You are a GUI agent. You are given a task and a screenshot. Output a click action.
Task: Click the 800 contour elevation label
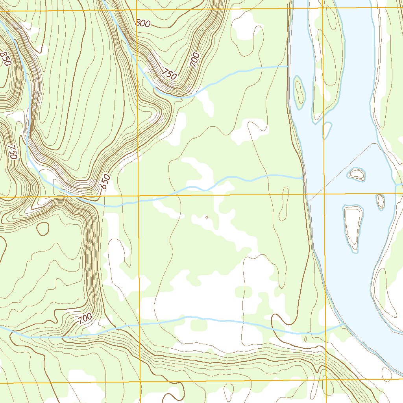click(143, 23)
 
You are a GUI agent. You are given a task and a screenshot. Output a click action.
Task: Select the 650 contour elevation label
click(104, 182)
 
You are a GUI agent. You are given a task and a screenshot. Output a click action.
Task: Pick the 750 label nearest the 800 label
click(170, 74)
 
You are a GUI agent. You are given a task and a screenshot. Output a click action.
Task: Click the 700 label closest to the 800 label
click(195, 61)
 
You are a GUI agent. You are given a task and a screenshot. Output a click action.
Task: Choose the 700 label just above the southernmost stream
click(85, 319)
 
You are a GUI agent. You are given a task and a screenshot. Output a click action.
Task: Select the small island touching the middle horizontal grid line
click(381, 201)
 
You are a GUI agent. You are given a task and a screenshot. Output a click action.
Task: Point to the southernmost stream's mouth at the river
click(341, 325)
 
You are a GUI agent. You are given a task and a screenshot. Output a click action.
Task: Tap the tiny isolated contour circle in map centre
click(207, 217)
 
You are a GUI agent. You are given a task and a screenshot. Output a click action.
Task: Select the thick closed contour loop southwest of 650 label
click(43, 229)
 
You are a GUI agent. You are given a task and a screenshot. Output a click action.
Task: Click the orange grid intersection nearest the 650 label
click(139, 195)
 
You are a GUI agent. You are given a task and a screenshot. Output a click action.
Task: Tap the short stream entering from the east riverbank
click(399, 185)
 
